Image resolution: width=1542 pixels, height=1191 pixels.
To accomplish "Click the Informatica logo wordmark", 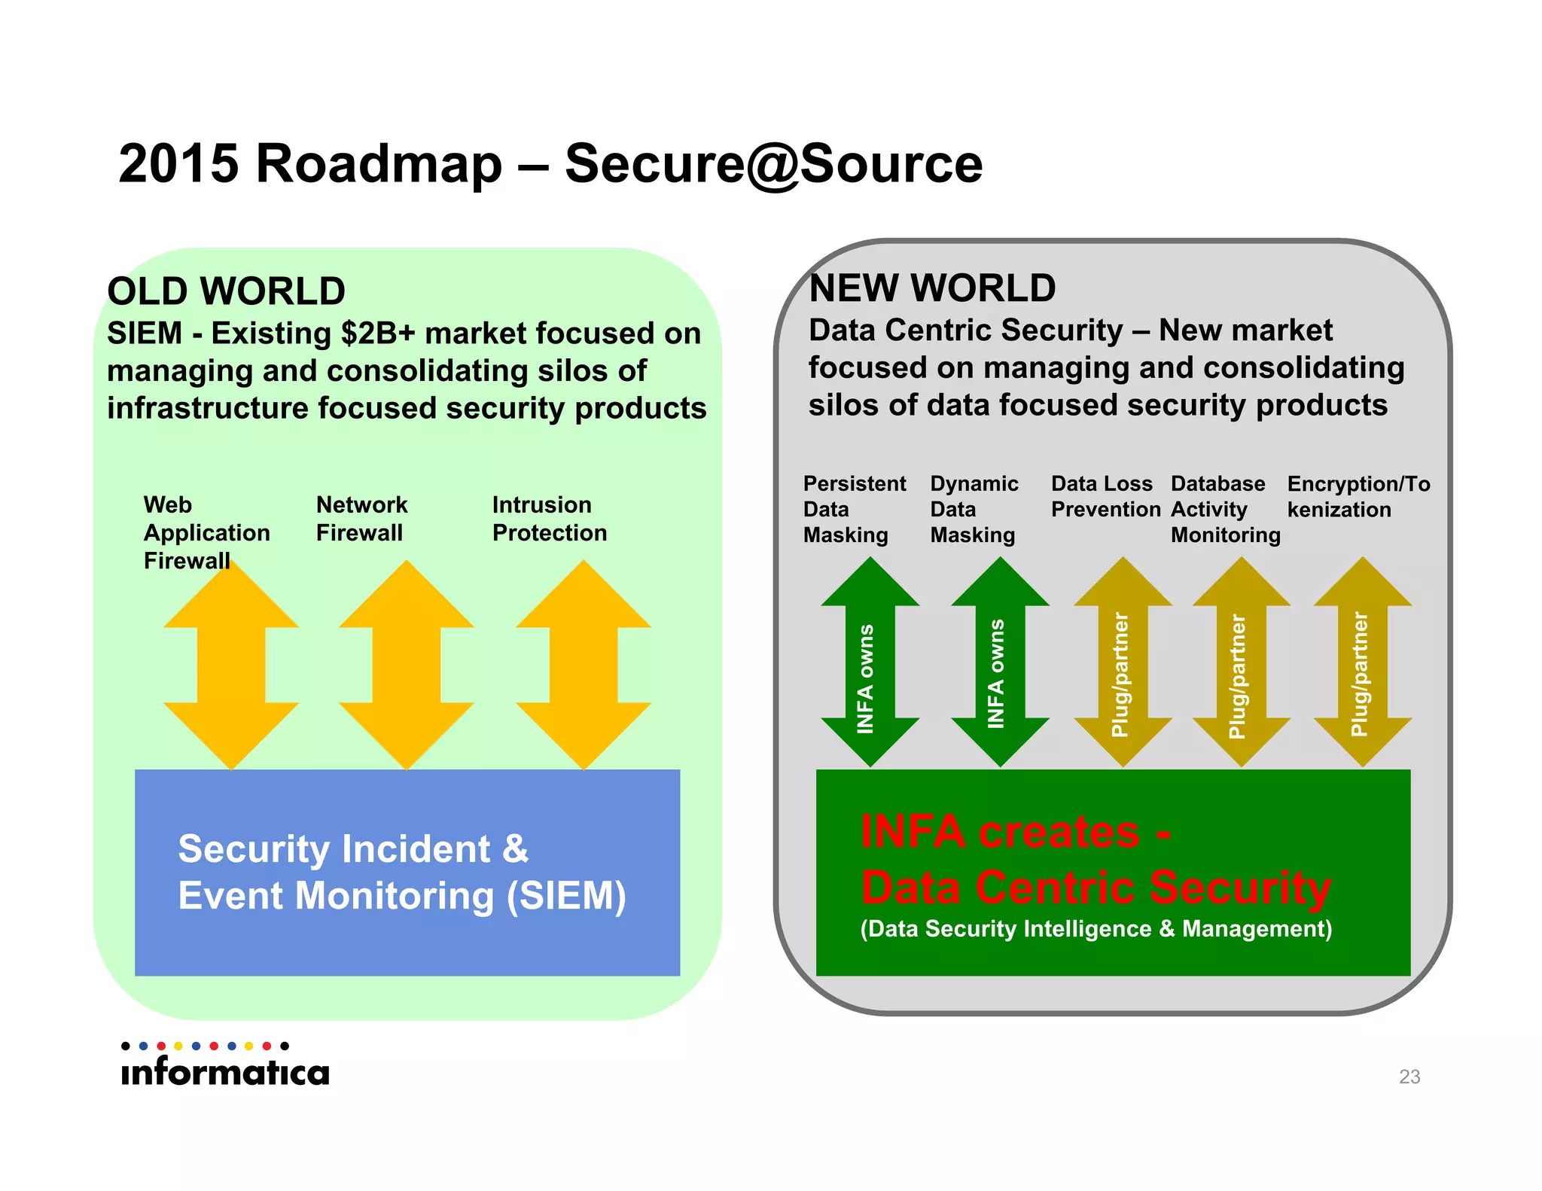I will (225, 1071).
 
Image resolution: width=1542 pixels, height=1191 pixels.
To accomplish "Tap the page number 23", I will (1409, 1077).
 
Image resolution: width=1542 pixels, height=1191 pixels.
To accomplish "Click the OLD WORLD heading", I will (226, 291).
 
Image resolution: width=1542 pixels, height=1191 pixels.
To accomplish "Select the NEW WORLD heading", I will (932, 288).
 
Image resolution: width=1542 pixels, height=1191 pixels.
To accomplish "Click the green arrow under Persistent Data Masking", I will (870, 663).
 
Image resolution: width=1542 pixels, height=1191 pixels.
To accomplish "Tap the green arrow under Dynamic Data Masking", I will (1000, 663).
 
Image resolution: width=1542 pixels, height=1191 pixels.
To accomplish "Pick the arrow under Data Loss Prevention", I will (1123, 663).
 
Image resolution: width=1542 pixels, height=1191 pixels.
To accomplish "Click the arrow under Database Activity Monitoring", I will (1242, 663).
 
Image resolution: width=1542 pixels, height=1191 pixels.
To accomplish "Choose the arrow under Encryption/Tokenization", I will (1362, 663).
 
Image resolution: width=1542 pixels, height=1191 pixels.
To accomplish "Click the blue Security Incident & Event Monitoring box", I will (407, 873).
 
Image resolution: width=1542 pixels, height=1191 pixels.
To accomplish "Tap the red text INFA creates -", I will (1015, 833).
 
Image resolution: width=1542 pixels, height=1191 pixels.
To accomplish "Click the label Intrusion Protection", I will (549, 519).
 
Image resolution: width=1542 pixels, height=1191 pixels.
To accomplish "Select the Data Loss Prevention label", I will (1105, 497).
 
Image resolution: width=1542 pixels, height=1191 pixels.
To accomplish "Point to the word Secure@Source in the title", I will (773, 163).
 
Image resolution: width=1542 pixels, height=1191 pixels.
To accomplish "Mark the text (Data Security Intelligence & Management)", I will (1096, 929).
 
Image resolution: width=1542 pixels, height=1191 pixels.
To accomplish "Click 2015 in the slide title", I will (178, 163).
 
